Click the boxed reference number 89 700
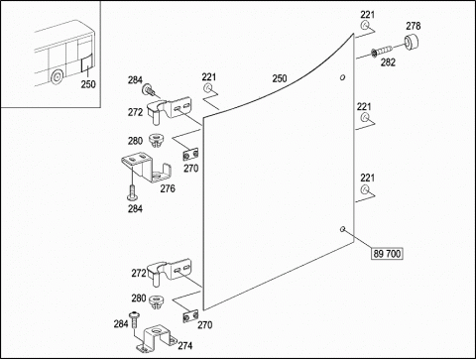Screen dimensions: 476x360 pos(387,254)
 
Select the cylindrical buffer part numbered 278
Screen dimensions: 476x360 pos(411,42)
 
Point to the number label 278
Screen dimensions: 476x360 pos(414,26)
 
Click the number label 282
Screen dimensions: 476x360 pos(388,62)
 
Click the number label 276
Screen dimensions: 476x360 pos(168,188)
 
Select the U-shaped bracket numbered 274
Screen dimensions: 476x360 pos(157,337)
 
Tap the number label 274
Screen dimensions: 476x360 pos(185,345)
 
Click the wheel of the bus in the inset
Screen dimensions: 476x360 pos(57,76)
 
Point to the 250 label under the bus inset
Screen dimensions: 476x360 pos(88,84)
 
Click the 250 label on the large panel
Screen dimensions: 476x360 pos(280,78)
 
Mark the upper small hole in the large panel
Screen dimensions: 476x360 pos(343,77)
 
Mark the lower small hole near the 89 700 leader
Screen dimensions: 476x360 pos(343,228)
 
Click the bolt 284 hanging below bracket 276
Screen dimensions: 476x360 pos(132,192)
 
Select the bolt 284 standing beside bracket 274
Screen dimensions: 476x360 pos(134,319)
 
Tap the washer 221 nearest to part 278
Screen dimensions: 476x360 pos(365,25)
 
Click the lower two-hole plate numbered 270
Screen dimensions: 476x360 pos(190,315)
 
